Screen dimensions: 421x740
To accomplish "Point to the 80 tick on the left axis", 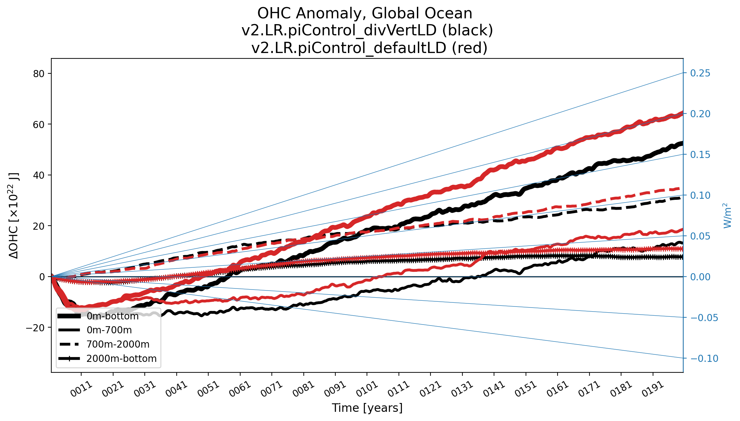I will coord(39,74).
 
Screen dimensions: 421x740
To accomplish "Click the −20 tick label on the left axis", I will coord(35,328).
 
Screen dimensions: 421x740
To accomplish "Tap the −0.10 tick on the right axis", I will coord(704,358).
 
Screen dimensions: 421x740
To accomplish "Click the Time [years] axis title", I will coord(367,408).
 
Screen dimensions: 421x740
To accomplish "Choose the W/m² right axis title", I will coord(727,216).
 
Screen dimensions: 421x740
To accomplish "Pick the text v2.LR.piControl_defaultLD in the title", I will coord(349,48).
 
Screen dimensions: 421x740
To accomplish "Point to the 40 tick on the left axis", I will coord(39,175).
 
